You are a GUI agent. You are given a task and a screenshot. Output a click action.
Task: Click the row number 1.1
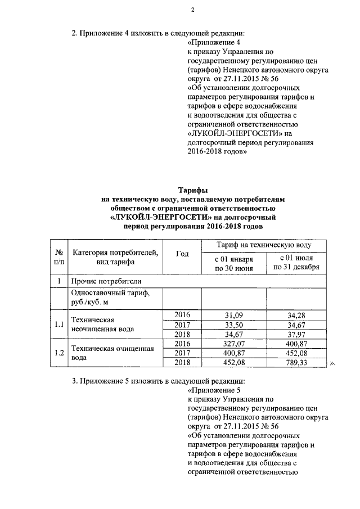58,325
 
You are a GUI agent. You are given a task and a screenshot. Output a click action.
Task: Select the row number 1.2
58,354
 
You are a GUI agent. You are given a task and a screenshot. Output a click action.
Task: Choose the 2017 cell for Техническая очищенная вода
183,354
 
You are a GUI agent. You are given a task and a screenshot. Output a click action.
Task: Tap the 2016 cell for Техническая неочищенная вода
183,314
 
